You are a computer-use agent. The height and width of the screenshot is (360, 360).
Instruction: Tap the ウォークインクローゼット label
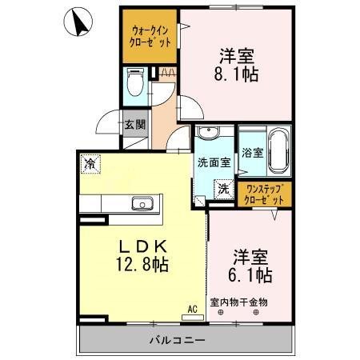click(150, 36)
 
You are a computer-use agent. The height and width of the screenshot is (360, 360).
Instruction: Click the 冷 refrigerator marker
click(90, 164)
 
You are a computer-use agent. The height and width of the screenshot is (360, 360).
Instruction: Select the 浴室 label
click(253, 153)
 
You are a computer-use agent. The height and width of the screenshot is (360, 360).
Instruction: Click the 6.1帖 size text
click(250, 275)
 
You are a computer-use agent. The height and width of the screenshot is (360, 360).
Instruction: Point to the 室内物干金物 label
click(239, 302)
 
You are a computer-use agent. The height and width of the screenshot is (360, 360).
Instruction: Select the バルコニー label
click(178, 339)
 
